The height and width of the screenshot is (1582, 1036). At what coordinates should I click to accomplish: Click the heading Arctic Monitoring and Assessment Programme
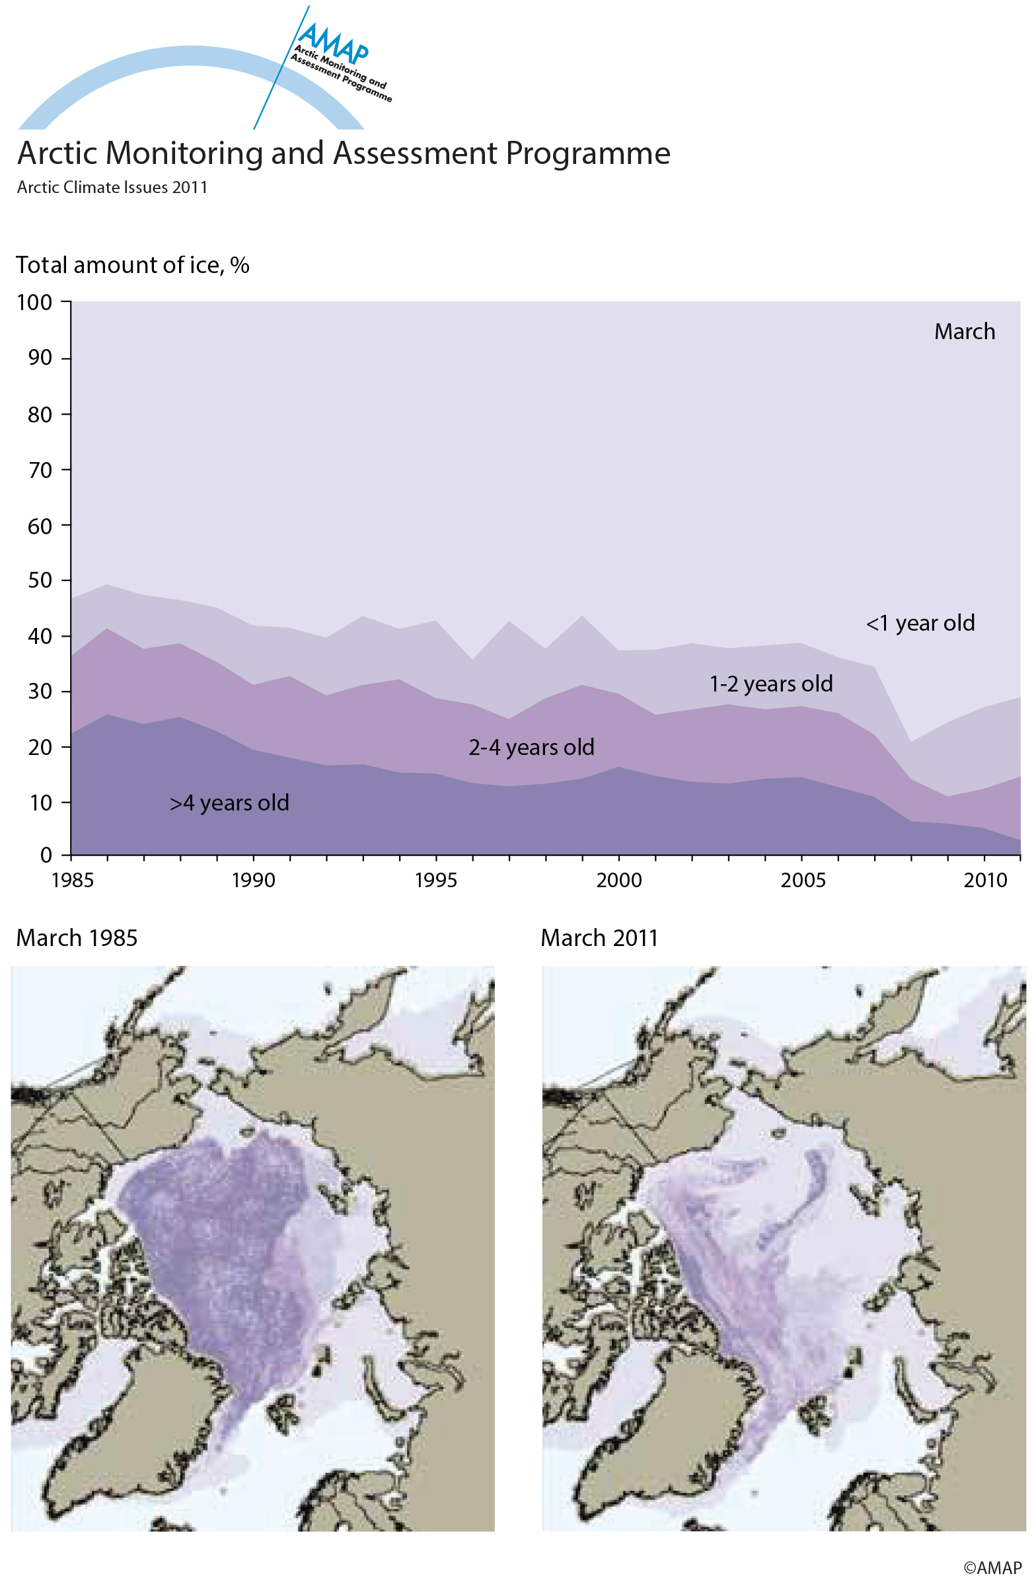pyautogui.click(x=344, y=153)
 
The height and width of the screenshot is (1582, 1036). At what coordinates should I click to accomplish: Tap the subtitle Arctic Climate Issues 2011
pyautogui.click(x=112, y=188)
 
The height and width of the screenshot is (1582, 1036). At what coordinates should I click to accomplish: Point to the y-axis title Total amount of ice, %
pyautogui.click(x=132, y=265)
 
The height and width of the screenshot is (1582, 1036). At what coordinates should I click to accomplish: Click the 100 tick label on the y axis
pyautogui.click(x=34, y=302)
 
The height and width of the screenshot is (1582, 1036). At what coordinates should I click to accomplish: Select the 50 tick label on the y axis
pyautogui.click(x=39, y=580)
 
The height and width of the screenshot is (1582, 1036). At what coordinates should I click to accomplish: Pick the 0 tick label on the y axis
pyautogui.click(x=46, y=855)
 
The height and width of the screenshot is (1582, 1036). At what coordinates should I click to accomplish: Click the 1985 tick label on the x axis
pyautogui.click(x=73, y=880)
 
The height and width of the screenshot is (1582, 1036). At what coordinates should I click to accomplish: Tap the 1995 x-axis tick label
pyautogui.click(x=436, y=880)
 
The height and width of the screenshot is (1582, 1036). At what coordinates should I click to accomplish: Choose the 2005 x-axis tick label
pyautogui.click(x=802, y=880)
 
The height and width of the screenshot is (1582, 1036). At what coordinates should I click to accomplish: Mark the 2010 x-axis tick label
pyautogui.click(x=986, y=880)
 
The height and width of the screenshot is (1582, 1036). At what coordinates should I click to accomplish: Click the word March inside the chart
pyautogui.click(x=964, y=332)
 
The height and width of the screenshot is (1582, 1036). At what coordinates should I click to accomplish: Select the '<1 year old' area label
pyautogui.click(x=920, y=623)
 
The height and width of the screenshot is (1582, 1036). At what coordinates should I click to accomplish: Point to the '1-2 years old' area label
pyautogui.click(x=771, y=684)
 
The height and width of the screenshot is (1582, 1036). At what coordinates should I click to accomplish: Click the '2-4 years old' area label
pyautogui.click(x=531, y=748)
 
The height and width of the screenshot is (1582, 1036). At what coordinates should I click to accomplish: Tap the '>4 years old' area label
pyautogui.click(x=229, y=803)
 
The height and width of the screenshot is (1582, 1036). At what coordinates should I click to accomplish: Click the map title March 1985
pyautogui.click(x=77, y=938)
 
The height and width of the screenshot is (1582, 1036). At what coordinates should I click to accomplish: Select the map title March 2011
pyautogui.click(x=599, y=938)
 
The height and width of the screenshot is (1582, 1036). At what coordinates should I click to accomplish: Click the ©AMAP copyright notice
pyautogui.click(x=992, y=1567)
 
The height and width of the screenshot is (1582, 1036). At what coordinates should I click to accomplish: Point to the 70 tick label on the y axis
pyautogui.click(x=39, y=470)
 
